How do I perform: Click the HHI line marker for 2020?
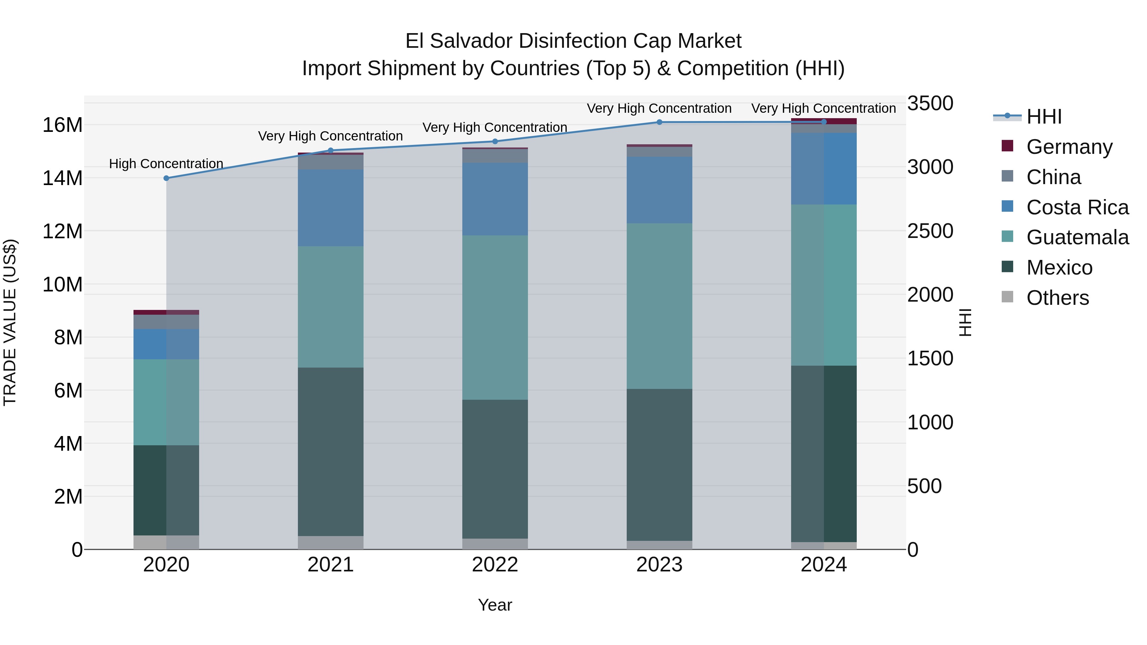[x=166, y=178]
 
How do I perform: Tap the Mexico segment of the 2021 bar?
[x=330, y=451]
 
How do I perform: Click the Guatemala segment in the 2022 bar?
[x=495, y=317]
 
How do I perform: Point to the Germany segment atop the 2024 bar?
[x=824, y=121]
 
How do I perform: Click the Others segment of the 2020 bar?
[x=166, y=542]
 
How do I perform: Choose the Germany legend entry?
[x=1069, y=147]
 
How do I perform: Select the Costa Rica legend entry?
[x=1077, y=207]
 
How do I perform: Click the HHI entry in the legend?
[x=1044, y=117]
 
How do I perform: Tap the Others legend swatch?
[x=1007, y=297]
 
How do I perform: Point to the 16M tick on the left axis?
[x=62, y=125]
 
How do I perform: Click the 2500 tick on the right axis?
[x=930, y=231]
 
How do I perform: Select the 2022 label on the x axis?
[x=495, y=565]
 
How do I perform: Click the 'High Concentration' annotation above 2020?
[x=166, y=164]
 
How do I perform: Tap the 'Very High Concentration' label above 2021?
[x=330, y=136]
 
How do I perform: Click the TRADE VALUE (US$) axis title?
[x=10, y=322]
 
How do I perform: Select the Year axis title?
[x=495, y=605]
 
